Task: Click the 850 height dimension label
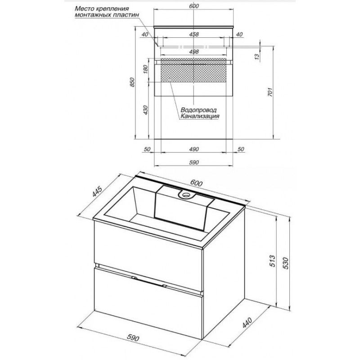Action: coord(132,82)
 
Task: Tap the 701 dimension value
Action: coord(270,92)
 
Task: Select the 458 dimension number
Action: coord(194,35)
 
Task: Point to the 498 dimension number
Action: coord(194,52)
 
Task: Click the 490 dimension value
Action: coord(194,149)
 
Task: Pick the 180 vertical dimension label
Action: coord(145,69)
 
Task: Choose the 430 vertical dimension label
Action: coord(145,110)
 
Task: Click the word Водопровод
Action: coord(198,110)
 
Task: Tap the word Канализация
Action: coord(200,116)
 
